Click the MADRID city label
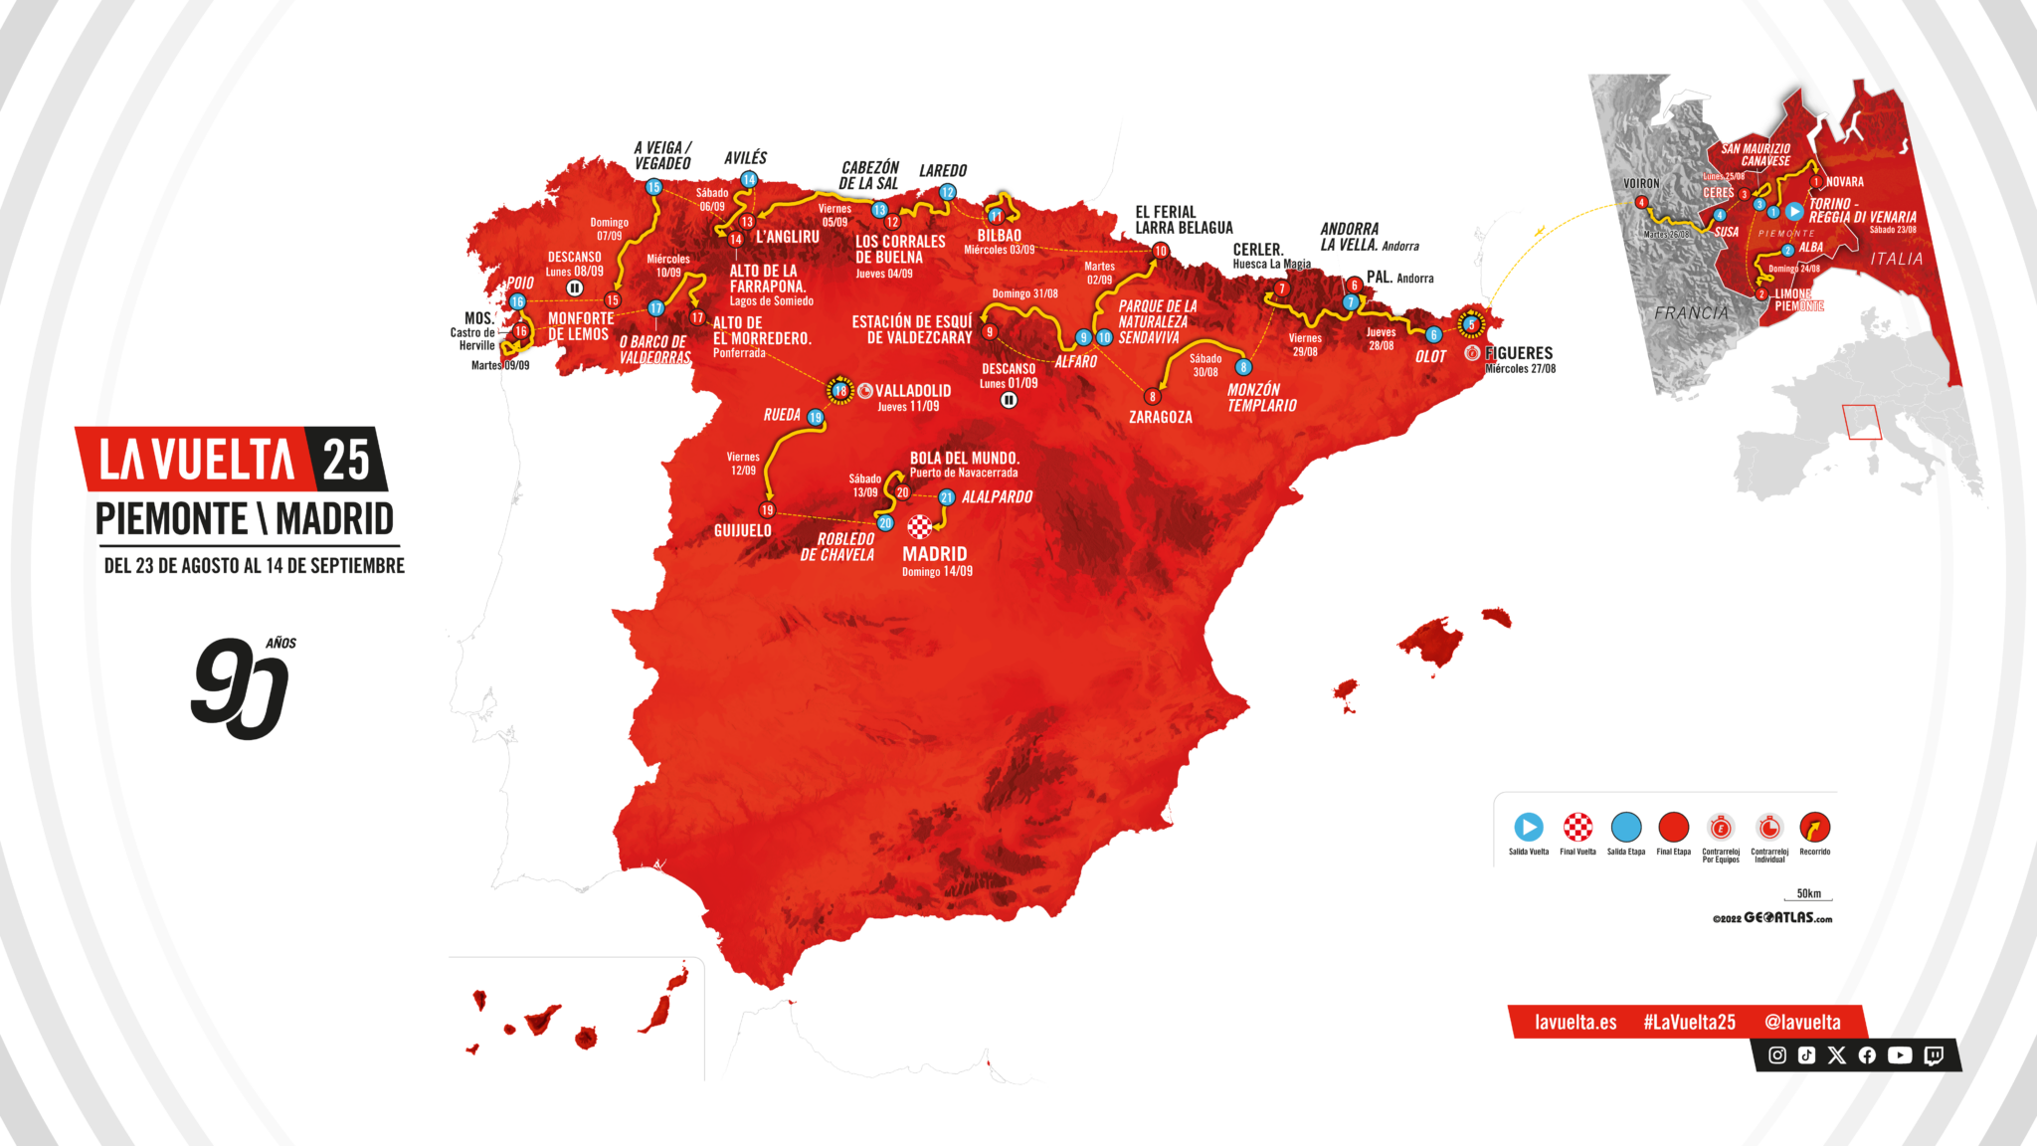pyautogui.click(x=934, y=554)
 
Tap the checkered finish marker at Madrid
pyautogui.click(x=920, y=526)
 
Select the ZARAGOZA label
pyautogui.click(x=1160, y=417)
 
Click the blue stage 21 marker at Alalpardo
pyautogui.click(x=947, y=497)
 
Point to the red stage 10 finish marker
pyautogui.click(x=1160, y=251)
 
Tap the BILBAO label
pyautogui.click(x=999, y=236)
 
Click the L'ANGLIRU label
pyautogui.click(x=788, y=237)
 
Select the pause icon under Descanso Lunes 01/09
pyautogui.click(x=1009, y=400)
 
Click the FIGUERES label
pyautogui.click(x=1519, y=353)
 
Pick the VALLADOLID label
pyautogui.click(x=913, y=391)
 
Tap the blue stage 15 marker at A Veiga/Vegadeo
pyautogui.click(x=653, y=187)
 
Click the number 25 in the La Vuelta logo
pyautogui.click(x=346, y=460)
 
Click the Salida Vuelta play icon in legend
pyautogui.click(x=1529, y=827)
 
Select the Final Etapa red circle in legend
pyautogui.click(x=1674, y=827)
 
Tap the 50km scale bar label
pyautogui.click(x=1808, y=893)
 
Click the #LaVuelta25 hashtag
pyautogui.click(x=1689, y=1022)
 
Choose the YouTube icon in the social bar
pyautogui.click(x=1900, y=1055)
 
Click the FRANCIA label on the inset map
pyautogui.click(x=1691, y=313)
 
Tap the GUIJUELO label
pyautogui.click(x=742, y=530)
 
